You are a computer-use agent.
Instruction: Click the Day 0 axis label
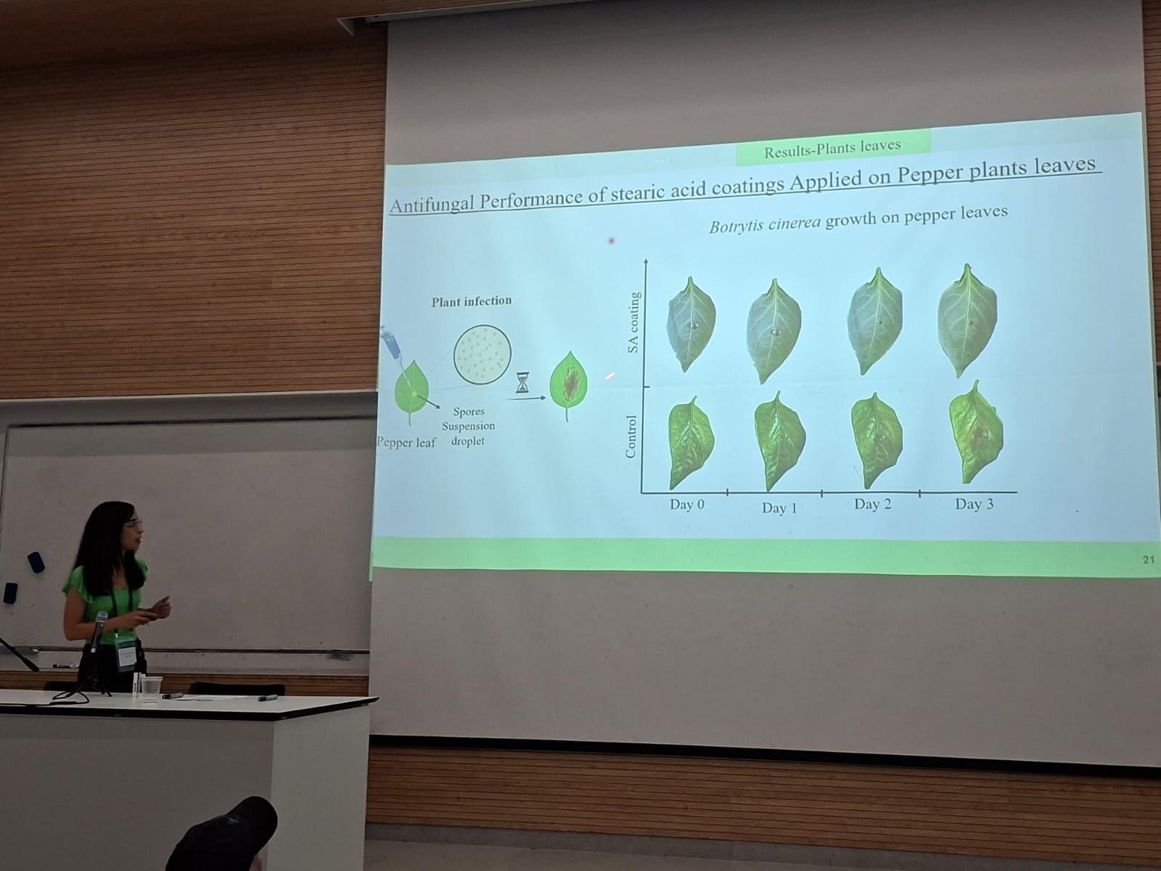(687, 504)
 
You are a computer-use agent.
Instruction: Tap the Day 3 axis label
(975, 504)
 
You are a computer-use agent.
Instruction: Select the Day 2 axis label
(873, 504)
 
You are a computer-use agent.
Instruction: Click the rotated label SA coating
(633, 322)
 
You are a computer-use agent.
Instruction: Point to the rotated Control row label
(631, 437)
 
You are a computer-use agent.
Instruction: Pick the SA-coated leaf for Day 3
(967, 320)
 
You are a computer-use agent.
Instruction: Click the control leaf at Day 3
(976, 432)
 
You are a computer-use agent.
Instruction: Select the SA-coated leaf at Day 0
(691, 324)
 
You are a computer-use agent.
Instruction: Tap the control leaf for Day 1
(779, 441)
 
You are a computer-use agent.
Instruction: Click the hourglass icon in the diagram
(522, 383)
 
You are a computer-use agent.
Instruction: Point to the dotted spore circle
(483, 354)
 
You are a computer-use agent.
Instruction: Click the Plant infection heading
(471, 301)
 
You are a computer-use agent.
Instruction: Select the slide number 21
(1149, 560)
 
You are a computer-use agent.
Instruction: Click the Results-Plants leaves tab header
(832, 148)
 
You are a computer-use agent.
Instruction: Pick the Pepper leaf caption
(406, 443)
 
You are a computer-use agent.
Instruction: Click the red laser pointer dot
(612, 241)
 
